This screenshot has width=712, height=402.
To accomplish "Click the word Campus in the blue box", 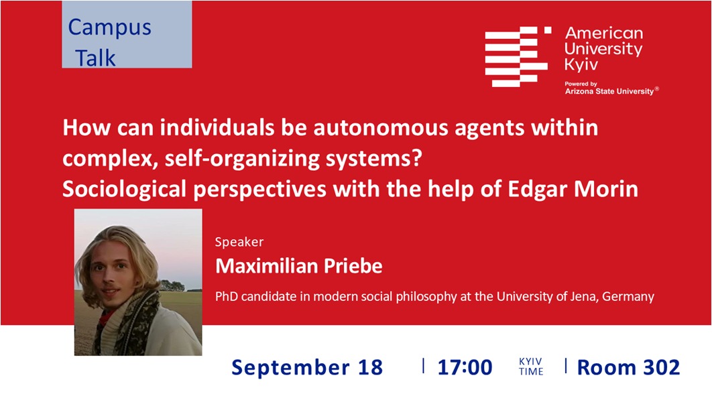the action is [x=109, y=28].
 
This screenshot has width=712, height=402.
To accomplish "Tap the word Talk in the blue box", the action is [x=95, y=58].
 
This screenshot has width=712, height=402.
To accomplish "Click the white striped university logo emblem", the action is [x=518, y=56].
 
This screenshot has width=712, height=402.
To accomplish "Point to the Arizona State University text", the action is [x=609, y=91].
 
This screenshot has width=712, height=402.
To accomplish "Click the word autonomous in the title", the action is [x=381, y=128].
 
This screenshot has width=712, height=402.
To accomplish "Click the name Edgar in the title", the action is [x=538, y=190].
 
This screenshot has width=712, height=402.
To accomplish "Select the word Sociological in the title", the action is [x=125, y=190].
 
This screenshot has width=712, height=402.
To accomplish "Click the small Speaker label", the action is [x=239, y=243].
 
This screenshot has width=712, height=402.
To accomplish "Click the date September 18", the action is [x=308, y=368].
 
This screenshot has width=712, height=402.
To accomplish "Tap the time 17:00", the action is [x=465, y=368].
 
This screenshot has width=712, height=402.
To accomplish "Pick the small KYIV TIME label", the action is [x=531, y=366].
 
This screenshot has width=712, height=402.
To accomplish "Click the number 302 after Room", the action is [x=660, y=368].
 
